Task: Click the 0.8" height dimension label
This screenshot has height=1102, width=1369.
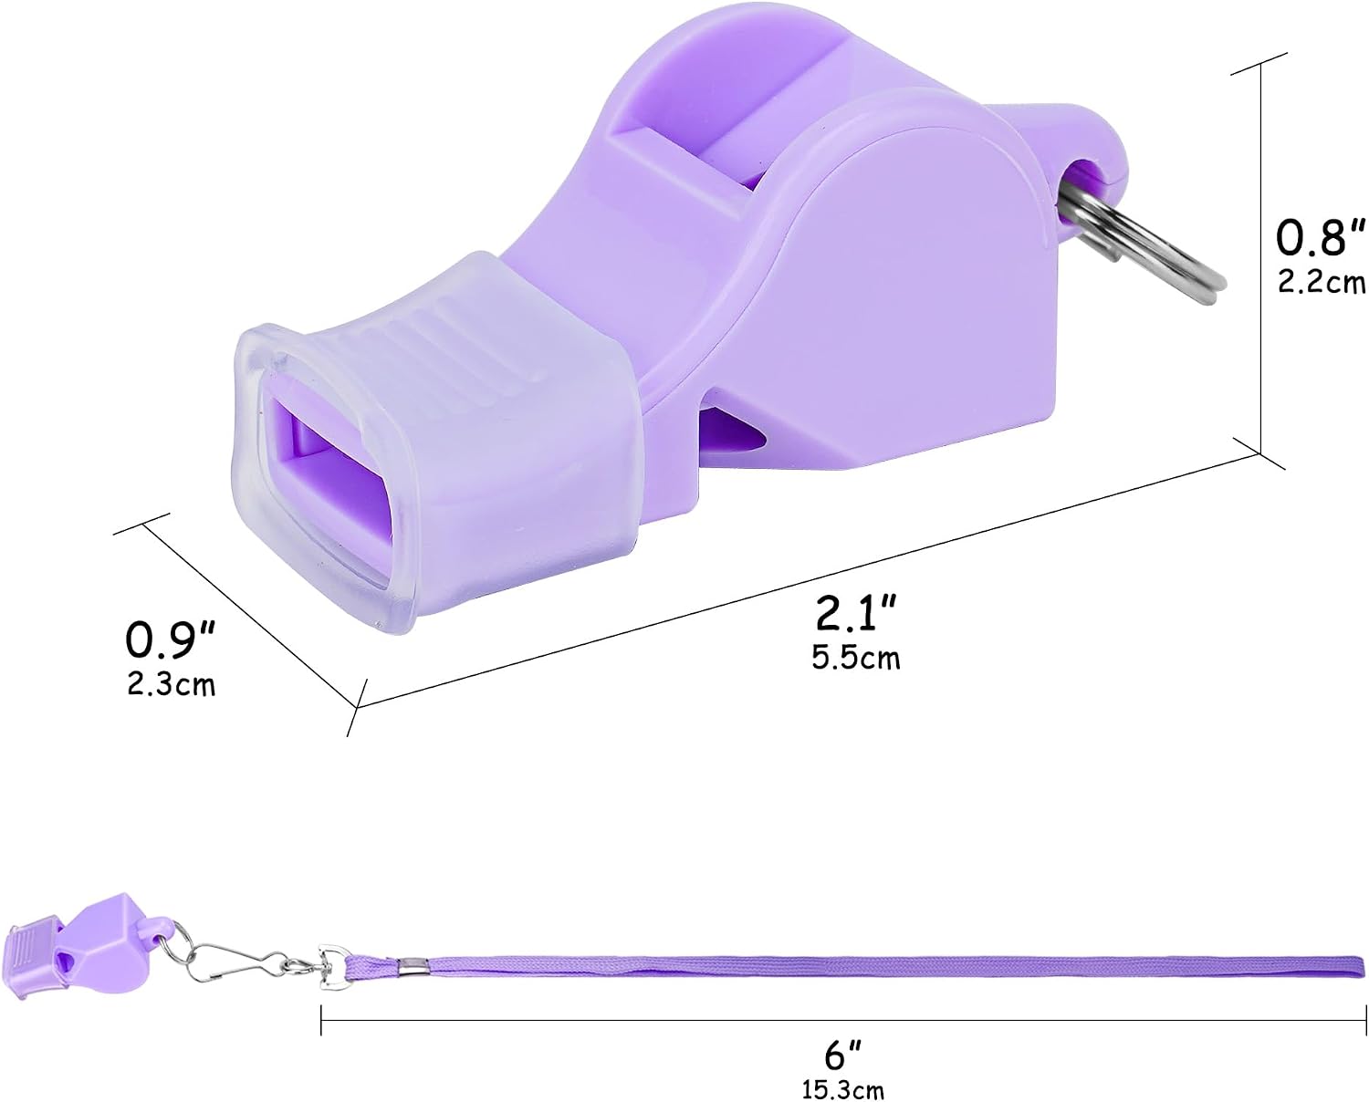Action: (x=1320, y=237)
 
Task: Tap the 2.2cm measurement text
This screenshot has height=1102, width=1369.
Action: (x=1322, y=283)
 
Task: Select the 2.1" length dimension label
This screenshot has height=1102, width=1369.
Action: (x=856, y=612)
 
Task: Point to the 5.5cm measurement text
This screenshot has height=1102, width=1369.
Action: (x=856, y=657)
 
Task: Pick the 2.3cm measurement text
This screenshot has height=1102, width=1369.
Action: (x=172, y=684)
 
